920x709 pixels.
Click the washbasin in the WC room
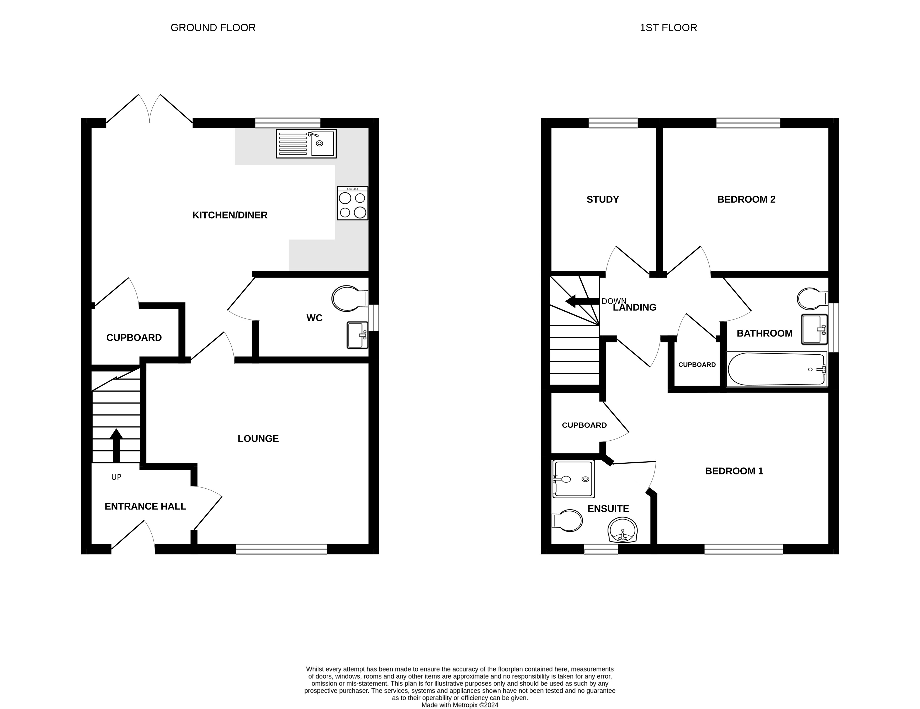357,335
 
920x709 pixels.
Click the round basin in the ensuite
623,530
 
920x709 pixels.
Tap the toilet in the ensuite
567,521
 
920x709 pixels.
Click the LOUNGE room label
258,439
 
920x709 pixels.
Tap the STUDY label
603,199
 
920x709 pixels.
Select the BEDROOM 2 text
746,199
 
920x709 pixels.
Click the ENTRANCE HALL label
145,506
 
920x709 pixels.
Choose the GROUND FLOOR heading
213,28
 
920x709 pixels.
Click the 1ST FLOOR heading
668,28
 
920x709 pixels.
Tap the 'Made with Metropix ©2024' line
460,705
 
